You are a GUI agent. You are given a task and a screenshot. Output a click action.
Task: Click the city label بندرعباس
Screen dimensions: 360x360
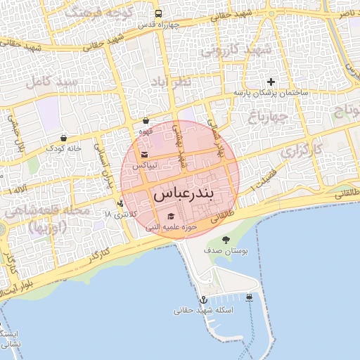pyautogui.click(x=182, y=193)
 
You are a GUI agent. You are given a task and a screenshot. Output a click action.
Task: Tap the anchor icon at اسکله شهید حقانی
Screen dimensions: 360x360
pyautogui.click(x=203, y=300)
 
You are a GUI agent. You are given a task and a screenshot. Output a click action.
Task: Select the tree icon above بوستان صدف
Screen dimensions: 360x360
pyautogui.click(x=226, y=240)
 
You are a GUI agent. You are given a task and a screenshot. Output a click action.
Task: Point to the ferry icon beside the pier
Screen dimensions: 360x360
pyautogui.click(x=250, y=298)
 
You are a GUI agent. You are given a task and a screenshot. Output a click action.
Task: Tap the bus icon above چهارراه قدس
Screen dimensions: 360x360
pyautogui.click(x=158, y=13)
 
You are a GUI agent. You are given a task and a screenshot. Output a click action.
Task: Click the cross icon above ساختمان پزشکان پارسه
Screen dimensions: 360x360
pyautogui.click(x=271, y=82)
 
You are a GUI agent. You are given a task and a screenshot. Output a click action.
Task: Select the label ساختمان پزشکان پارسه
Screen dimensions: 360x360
pyautogui.click(x=270, y=93)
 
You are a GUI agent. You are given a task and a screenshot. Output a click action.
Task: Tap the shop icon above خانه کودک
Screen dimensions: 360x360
pyautogui.click(x=64, y=138)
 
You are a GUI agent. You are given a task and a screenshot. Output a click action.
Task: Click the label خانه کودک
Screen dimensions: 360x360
pyautogui.click(x=64, y=148)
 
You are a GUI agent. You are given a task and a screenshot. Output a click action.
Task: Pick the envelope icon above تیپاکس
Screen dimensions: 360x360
pyautogui.click(x=144, y=155)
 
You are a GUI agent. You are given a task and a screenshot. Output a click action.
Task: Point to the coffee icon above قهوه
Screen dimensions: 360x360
pyautogui.click(x=146, y=121)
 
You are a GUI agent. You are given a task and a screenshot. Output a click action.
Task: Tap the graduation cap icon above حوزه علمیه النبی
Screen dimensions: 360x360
pyautogui.click(x=170, y=217)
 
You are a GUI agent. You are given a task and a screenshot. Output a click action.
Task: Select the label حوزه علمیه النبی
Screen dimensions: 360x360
pyautogui.click(x=170, y=227)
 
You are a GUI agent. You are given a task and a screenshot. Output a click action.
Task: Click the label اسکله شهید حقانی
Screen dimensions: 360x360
pyautogui.click(x=204, y=310)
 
